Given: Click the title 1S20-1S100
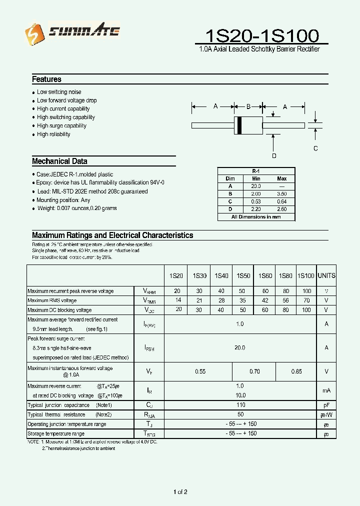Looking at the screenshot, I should [262, 35].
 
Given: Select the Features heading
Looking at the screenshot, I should [46, 79].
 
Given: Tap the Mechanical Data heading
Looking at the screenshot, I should [59, 161].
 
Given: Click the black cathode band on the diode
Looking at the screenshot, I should [239, 125].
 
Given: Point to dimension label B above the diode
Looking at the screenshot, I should [248, 106].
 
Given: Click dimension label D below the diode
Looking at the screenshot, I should [274, 155].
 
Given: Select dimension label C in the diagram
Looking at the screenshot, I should [315, 148].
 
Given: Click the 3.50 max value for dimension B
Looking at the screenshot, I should [281, 193].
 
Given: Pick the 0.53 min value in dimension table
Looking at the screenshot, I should [256, 201].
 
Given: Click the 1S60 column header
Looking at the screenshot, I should [265, 276].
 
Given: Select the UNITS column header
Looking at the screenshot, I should [326, 276].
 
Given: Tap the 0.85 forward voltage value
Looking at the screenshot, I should [296, 372].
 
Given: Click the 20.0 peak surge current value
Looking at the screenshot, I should [240, 347].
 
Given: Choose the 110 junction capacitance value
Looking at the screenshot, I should [240, 405].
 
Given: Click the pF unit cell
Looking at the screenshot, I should [326, 405].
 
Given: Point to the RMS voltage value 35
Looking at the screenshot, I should [243, 300].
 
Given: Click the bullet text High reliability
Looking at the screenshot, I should [53, 134].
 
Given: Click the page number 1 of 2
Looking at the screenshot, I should [180, 492].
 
